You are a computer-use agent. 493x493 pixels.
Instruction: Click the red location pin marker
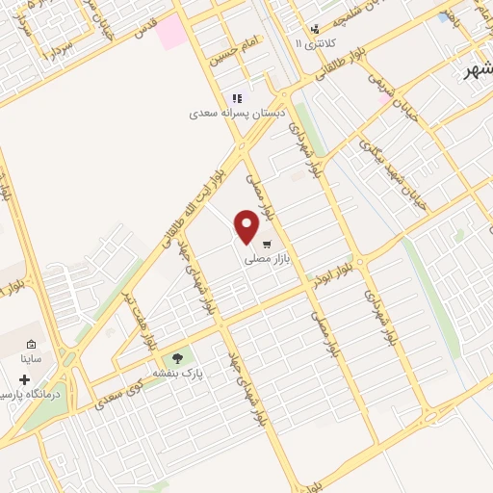click(247, 226)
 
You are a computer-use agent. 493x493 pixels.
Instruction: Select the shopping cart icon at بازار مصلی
click(266, 243)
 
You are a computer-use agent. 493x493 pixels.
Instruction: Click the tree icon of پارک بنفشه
click(177, 359)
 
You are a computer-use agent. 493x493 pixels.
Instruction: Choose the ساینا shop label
click(33, 358)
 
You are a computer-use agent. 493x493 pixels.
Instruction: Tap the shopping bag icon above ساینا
click(32, 345)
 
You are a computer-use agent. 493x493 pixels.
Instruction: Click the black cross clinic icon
click(24, 380)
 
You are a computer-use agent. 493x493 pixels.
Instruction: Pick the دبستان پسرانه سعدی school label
click(237, 113)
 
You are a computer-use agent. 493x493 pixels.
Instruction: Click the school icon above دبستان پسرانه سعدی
click(237, 98)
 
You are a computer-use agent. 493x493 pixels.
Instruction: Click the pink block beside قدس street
click(171, 32)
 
